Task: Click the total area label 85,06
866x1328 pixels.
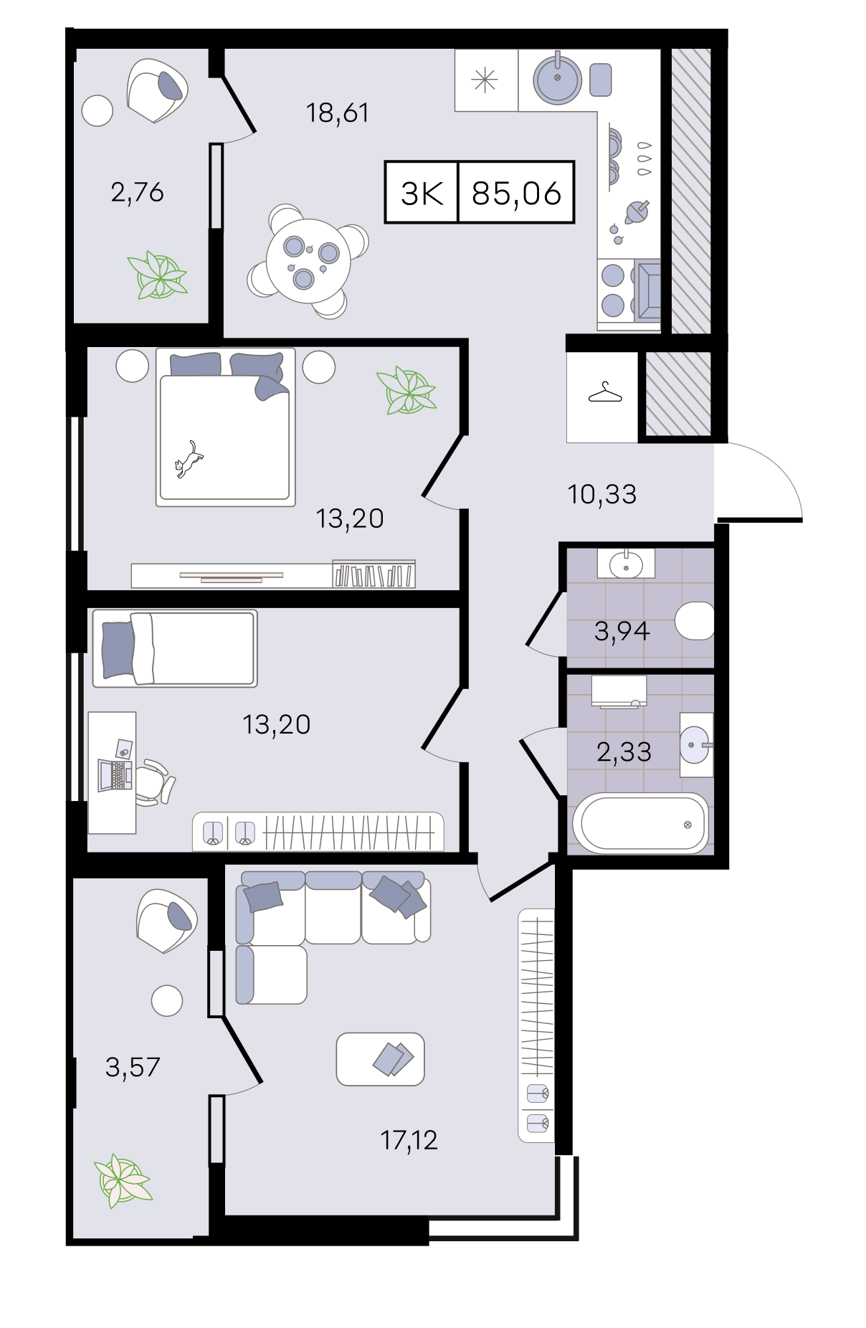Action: point(516,193)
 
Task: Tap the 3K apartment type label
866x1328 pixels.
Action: point(422,193)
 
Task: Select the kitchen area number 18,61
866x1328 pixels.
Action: point(337,113)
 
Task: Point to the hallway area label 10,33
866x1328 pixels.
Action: point(601,494)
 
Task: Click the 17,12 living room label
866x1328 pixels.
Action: point(409,1139)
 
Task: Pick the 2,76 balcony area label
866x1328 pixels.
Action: point(137,192)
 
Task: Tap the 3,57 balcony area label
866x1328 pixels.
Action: point(133,1067)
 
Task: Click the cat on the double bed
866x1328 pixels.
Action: point(189,460)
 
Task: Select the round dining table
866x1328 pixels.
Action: point(308,261)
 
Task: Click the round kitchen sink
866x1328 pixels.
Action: point(557,78)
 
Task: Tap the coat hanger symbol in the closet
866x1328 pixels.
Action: point(605,393)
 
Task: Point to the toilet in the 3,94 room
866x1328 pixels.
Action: point(695,620)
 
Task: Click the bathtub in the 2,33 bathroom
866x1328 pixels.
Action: point(640,823)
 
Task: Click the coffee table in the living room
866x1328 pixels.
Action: point(381,1059)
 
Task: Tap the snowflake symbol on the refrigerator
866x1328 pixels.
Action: point(485,80)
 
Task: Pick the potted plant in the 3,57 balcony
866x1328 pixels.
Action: point(123,1180)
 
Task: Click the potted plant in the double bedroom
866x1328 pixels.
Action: point(406,391)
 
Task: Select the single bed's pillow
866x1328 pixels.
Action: point(118,650)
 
